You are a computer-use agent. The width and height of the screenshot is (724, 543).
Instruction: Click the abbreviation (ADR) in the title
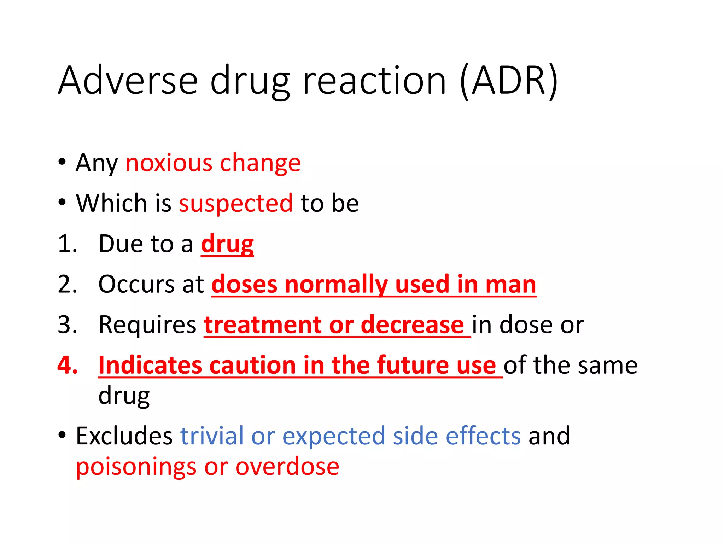pos(509,81)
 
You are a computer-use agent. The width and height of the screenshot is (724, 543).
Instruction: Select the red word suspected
pos(236,204)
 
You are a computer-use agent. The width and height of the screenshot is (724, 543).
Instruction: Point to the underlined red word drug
pos(227,244)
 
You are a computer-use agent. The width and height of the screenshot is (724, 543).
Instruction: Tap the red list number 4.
pos(68,365)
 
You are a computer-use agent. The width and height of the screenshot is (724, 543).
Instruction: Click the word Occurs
pos(136,284)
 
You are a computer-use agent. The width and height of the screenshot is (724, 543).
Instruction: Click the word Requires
pos(147,325)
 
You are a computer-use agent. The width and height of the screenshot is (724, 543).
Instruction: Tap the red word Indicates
pos(150,365)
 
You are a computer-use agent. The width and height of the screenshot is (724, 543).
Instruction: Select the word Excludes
pos(124,436)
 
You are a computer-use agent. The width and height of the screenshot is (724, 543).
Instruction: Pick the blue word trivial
pos(212,436)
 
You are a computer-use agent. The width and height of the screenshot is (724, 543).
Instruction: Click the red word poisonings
pos(136,467)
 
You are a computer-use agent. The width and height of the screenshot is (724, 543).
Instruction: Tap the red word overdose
pos(287,467)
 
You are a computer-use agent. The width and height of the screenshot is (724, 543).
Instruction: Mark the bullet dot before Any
pos(62,162)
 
